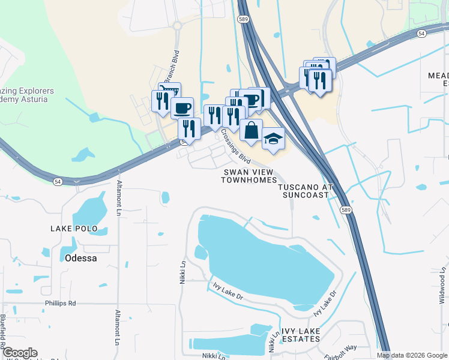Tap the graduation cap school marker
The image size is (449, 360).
273,139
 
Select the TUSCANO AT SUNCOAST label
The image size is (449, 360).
305,191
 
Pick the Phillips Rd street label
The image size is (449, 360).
60,303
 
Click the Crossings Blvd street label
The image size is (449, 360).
235,146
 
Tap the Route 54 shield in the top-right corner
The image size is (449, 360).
422,34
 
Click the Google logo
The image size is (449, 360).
20,353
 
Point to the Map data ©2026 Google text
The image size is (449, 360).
411,355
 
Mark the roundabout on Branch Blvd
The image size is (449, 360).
177,26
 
